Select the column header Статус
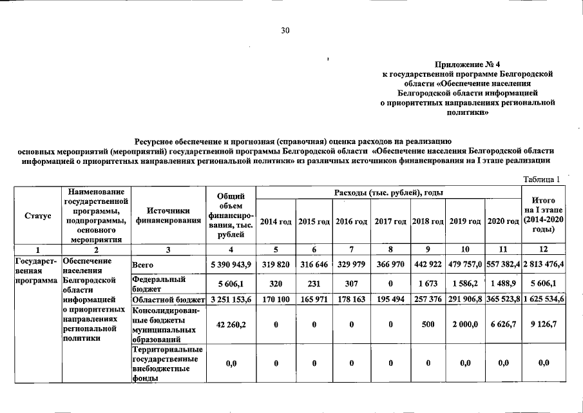click(37, 215)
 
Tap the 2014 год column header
click(274, 221)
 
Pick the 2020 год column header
click(503, 221)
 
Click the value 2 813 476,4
click(543, 265)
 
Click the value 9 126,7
click(543, 325)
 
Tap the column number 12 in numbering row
click(543, 249)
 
